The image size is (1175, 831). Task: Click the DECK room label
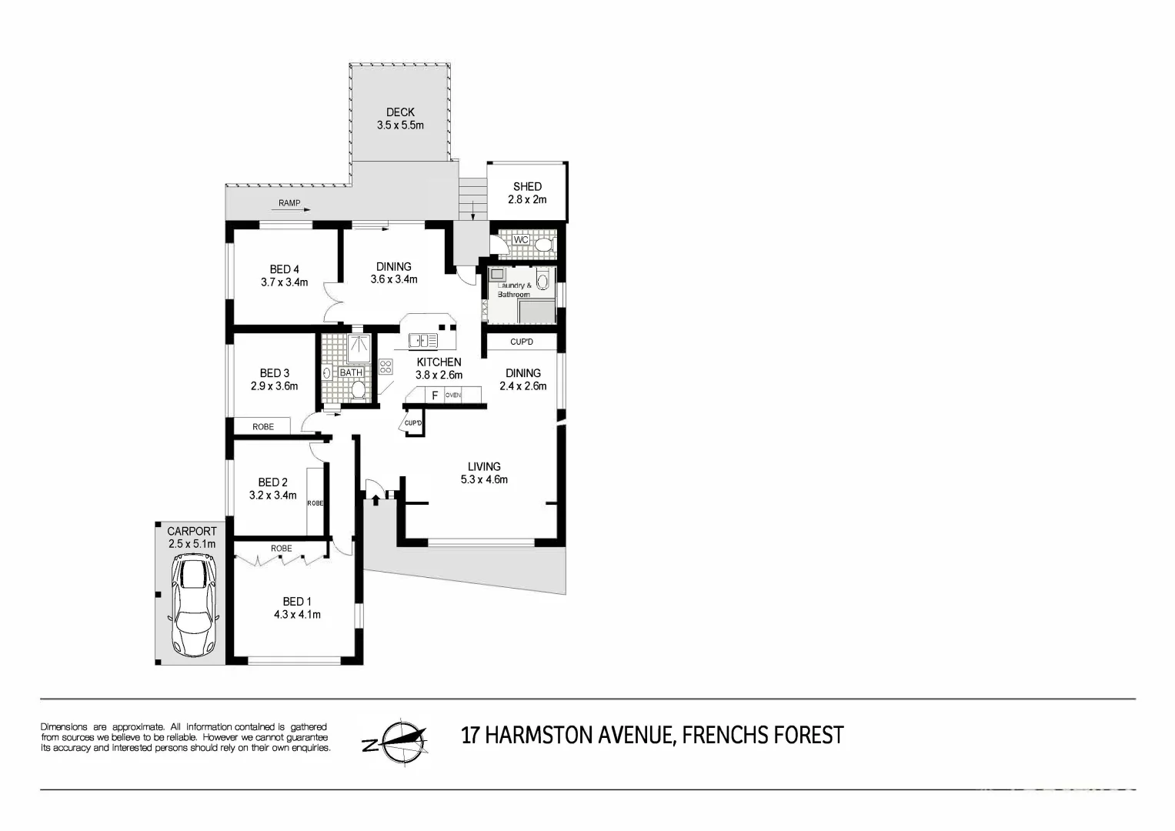click(x=400, y=112)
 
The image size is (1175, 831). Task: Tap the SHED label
click(x=527, y=186)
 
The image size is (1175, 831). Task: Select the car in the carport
click(x=195, y=607)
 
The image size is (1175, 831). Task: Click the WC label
click(x=521, y=240)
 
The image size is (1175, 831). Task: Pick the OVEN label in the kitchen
click(x=453, y=395)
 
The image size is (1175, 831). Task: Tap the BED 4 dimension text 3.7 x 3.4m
click(x=284, y=282)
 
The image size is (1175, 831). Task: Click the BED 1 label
click(x=297, y=601)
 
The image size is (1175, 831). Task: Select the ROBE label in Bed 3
click(x=263, y=427)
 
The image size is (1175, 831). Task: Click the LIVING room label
click(x=484, y=466)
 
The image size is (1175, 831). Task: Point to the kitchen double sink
click(x=422, y=340)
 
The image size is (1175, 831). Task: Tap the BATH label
click(x=351, y=373)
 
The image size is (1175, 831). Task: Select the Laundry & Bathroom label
click(x=514, y=290)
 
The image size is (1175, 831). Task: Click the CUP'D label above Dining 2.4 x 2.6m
click(x=522, y=342)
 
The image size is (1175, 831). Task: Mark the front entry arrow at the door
click(x=376, y=501)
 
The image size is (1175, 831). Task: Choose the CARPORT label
click(x=192, y=531)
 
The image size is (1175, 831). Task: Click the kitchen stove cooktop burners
click(x=386, y=366)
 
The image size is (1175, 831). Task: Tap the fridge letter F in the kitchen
click(x=435, y=395)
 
